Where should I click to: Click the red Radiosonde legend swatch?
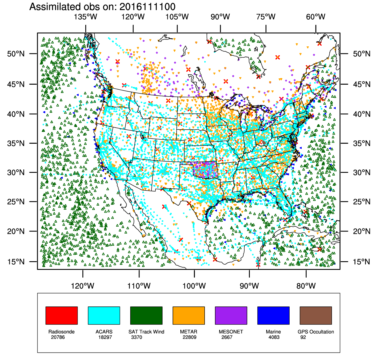pos(62,315)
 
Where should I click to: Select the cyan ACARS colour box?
pos(104,315)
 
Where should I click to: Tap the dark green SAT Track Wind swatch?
pos(146,315)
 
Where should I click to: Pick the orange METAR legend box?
pos(189,315)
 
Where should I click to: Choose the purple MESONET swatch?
pos(231,315)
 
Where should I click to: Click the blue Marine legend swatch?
pos(273,315)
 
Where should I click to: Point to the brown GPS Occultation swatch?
pos(316,315)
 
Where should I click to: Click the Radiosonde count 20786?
pos(58,337)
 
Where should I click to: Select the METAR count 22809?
pos(190,337)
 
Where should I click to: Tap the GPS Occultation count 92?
pos(303,337)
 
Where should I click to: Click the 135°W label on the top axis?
pos(86,17)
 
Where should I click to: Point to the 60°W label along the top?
pos(316,17)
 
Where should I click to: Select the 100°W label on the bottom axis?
pos(194,286)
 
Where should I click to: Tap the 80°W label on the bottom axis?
pos(306,286)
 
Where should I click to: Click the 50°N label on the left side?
pos(16,54)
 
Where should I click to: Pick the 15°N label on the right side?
pos(362,262)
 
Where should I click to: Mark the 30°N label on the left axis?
pos(16,173)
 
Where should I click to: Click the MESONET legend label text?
pos(231,332)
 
